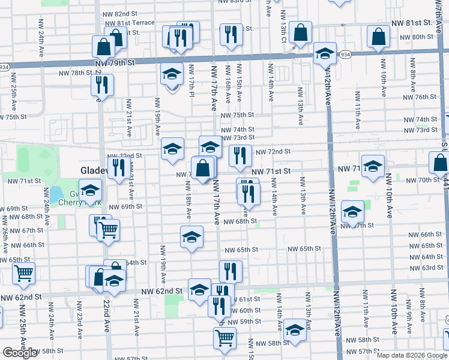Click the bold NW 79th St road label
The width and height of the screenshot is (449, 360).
(x=113, y=62)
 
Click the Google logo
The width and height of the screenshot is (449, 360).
(x=20, y=353)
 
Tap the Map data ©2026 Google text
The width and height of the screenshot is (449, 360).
(x=412, y=355)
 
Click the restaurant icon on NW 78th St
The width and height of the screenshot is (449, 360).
(x=103, y=84)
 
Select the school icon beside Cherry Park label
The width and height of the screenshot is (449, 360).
(x=91, y=191)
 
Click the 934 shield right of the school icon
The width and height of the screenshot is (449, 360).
(x=345, y=55)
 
